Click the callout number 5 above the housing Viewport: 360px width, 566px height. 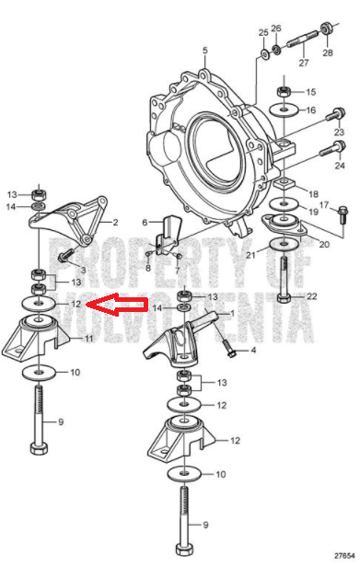click(x=205, y=50)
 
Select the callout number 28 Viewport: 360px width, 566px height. click(x=328, y=52)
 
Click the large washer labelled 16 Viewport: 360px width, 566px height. click(x=285, y=110)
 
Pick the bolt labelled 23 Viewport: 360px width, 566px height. click(x=336, y=114)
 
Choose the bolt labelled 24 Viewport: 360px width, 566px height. click(x=333, y=148)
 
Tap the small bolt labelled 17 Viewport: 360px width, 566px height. click(x=343, y=214)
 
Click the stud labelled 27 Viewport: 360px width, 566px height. click(x=303, y=40)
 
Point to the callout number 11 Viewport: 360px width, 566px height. click(x=88, y=339)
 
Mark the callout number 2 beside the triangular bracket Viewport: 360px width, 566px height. click(x=115, y=222)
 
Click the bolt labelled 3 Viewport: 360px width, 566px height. click(x=65, y=255)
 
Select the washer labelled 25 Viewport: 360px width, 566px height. click(x=264, y=54)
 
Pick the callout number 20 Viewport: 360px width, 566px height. click(x=324, y=245)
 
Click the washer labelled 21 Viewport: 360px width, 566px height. click(x=284, y=245)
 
